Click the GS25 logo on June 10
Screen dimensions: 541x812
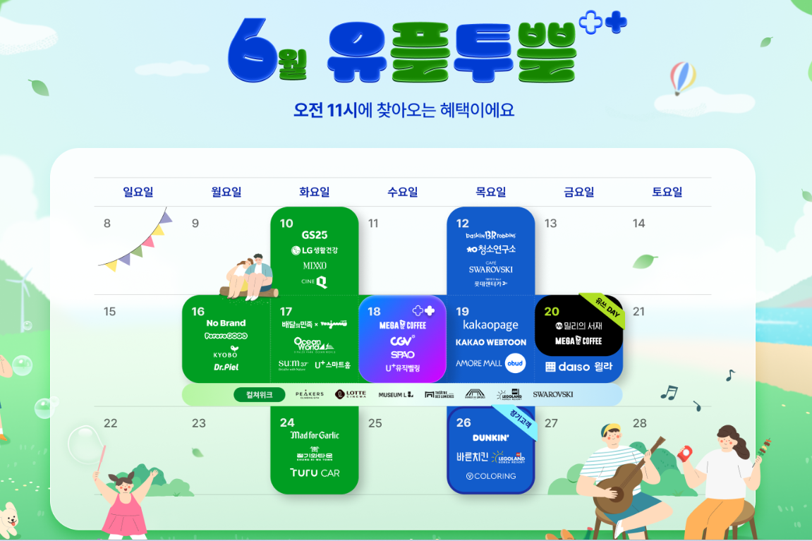(x=314, y=235)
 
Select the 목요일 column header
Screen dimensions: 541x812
(x=490, y=192)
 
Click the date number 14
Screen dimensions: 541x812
(x=638, y=224)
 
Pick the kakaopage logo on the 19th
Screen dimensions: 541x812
(x=490, y=325)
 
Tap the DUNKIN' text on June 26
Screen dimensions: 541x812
(x=490, y=438)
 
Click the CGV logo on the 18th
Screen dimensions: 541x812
(x=402, y=340)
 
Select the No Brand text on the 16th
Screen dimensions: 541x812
(x=226, y=324)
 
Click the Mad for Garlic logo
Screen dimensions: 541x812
(x=315, y=435)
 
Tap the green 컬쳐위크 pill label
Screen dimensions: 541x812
(x=259, y=395)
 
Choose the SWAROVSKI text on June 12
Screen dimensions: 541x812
(x=490, y=269)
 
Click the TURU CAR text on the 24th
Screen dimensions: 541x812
(x=315, y=473)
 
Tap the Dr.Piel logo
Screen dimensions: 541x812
(x=226, y=367)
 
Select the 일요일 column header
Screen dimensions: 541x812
(x=138, y=192)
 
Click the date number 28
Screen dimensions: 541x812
(x=639, y=423)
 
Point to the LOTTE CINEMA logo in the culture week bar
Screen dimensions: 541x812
(x=351, y=395)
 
